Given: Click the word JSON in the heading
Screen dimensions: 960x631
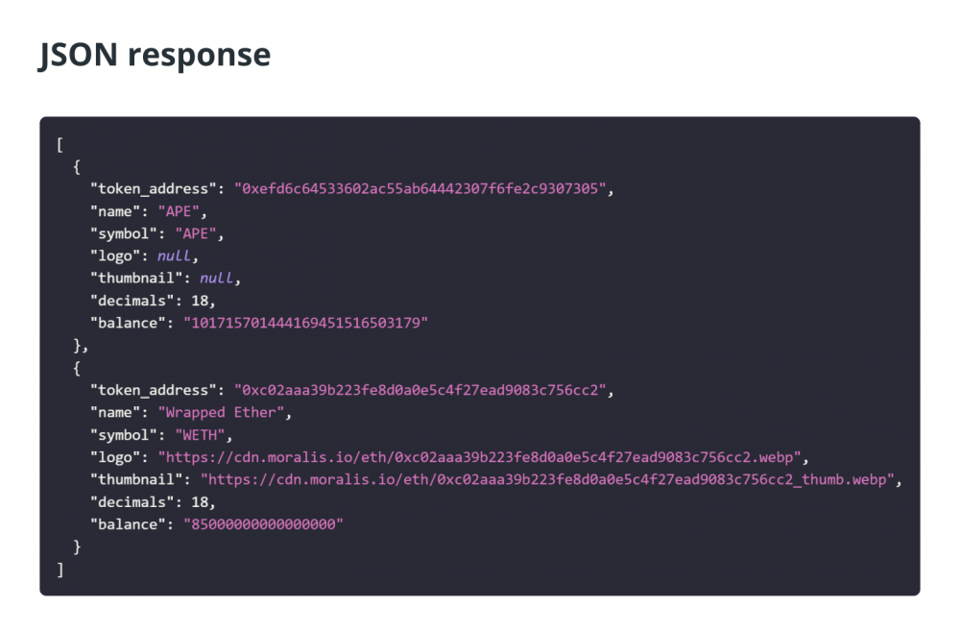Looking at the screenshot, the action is pos(78,55).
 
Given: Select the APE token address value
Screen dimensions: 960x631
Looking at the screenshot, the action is pos(420,188).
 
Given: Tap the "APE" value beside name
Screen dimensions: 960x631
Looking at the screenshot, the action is pos(179,211).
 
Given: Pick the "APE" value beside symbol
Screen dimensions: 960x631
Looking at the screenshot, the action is pos(196,233).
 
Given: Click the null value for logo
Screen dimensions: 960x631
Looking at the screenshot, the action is pos(175,256).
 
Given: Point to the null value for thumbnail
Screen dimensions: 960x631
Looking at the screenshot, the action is pos(217,279).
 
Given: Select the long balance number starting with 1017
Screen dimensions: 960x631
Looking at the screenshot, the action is pos(305,323).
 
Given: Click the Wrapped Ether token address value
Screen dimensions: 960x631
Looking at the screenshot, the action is pos(420,390).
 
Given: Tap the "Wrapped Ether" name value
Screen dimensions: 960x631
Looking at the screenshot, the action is pos(221,412).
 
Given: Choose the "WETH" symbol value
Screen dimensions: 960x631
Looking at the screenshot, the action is pos(201,435).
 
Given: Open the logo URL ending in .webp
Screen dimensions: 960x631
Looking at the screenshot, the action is pos(479,457).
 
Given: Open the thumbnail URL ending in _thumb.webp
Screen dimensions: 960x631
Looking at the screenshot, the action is pos(547,479).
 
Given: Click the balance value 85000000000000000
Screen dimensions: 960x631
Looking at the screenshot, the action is pos(263,524).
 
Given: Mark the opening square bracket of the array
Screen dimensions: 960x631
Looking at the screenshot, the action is pos(60,145).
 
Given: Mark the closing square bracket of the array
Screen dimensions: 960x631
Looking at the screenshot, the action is pos(60,570).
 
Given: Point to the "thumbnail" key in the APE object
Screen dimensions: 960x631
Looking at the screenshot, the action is pos(136,279).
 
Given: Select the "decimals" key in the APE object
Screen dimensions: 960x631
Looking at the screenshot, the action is pos(132,301).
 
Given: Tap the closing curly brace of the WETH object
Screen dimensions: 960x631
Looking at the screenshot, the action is pos(77,547).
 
